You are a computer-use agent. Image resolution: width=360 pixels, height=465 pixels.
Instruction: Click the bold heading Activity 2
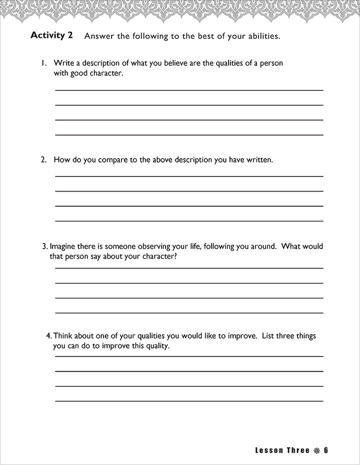[52, 35]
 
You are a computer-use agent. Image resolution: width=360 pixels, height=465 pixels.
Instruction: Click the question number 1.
[43, 63]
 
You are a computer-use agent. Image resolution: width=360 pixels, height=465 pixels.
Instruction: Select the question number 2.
[43, 160]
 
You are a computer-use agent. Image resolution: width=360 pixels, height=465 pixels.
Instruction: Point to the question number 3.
[45, 246]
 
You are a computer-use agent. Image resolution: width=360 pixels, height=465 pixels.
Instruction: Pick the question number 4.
[48, 336]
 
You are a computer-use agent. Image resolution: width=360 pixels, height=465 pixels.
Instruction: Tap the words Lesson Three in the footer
[282, 450]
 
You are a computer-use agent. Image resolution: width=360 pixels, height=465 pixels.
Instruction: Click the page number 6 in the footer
[325, 450]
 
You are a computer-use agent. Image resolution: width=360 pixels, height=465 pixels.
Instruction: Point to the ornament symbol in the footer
[316, 450]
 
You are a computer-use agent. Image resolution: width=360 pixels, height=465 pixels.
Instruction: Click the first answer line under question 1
[188, 90]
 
